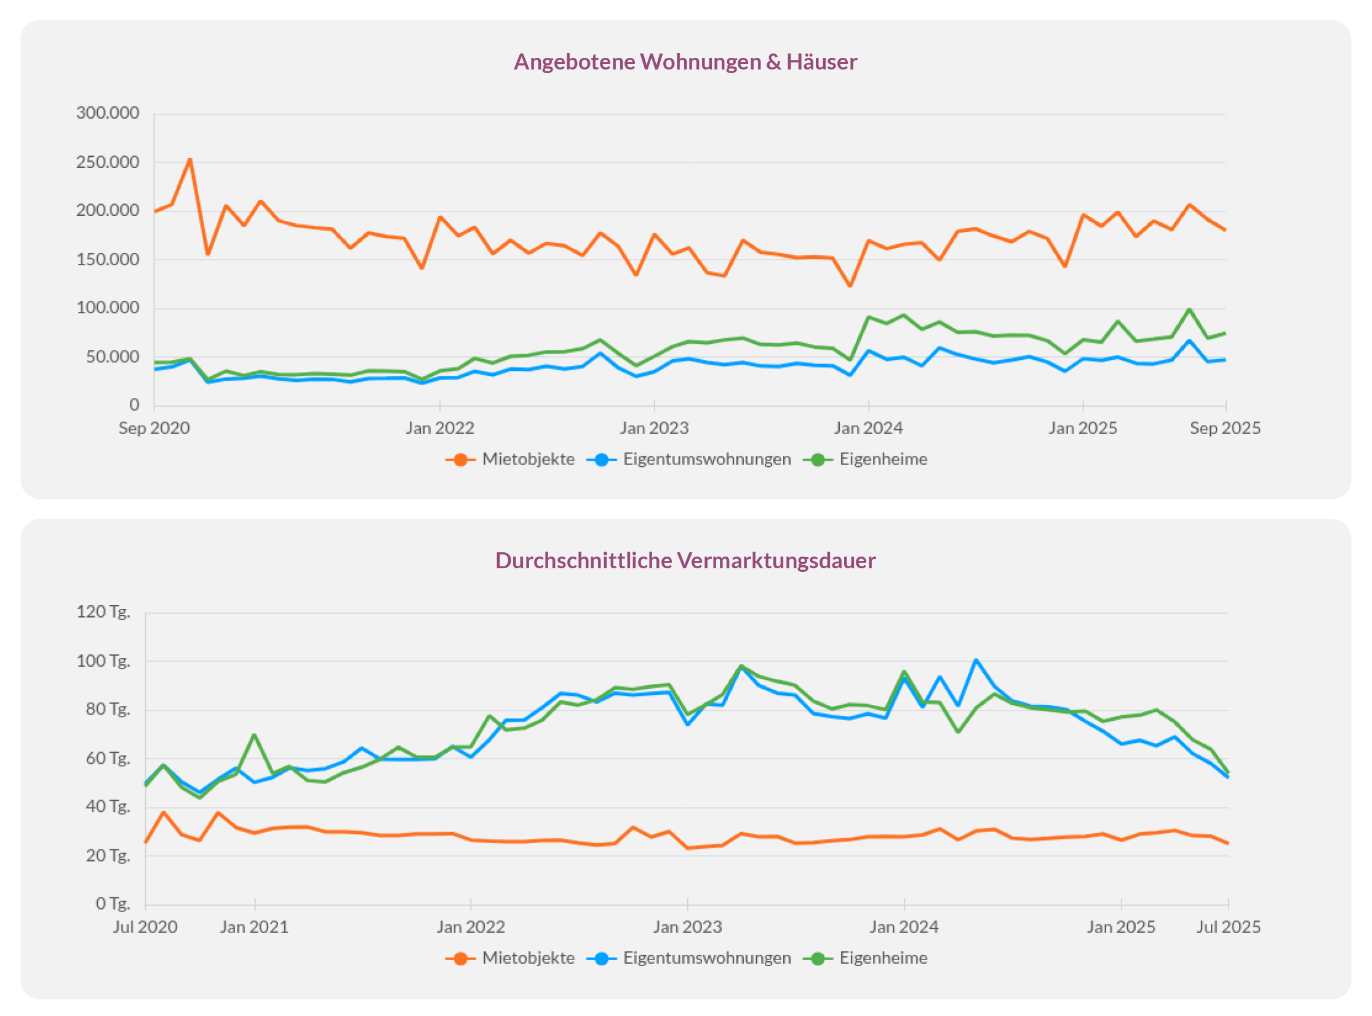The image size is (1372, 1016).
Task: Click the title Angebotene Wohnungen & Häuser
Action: [685, 62]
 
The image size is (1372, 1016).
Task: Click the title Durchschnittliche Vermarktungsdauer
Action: [685, 561]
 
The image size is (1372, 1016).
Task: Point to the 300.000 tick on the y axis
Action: [108, 113]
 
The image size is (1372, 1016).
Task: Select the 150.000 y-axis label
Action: [108, 260]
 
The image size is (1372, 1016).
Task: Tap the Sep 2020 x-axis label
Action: [154, 428]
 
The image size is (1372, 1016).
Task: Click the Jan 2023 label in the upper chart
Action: [654, 428]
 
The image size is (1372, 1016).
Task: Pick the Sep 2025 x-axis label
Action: [1225, 428]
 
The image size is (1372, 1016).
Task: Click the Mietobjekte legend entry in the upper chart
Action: [510, 459]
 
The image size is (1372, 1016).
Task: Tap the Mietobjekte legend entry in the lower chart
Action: [510, 958]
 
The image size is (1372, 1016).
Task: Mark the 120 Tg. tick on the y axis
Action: [103, 612]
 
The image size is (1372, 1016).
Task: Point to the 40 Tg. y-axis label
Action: [108, 807]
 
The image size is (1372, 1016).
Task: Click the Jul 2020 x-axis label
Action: [145, 927]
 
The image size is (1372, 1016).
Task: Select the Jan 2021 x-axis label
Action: [255, 927]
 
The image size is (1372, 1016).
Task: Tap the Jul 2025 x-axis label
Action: [1228, 927]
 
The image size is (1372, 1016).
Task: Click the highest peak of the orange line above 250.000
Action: [190, 160]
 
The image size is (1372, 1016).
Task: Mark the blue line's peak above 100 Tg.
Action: [976, 661]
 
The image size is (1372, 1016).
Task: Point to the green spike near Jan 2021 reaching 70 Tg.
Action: [254, 735]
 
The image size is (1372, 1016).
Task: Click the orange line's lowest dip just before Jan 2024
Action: [850, 286]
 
